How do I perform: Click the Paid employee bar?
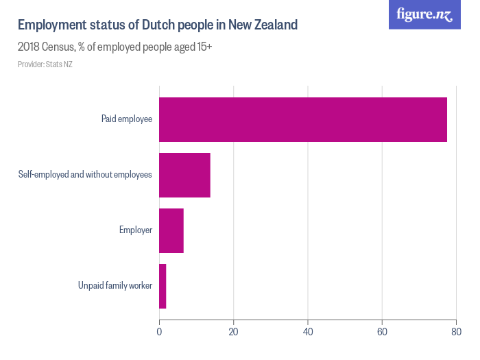click(302, 119)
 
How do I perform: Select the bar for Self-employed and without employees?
click(184, 175)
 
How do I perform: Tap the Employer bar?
click(171, 230)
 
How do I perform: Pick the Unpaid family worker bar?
click(163, 286)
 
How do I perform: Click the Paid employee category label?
click(126, 119)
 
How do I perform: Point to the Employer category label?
click(135, 230)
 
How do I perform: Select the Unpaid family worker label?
click(115, 286)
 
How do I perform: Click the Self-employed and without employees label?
click(84, 175)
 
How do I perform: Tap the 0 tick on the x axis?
click(159, 333)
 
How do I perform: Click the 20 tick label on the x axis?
click(233, 333)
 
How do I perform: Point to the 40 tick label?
click(308, 333)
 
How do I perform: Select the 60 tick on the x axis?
click(382, 333)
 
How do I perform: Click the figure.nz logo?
click(424, 14)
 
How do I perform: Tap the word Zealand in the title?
click(274, 25)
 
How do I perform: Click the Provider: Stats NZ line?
click(45, 64)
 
